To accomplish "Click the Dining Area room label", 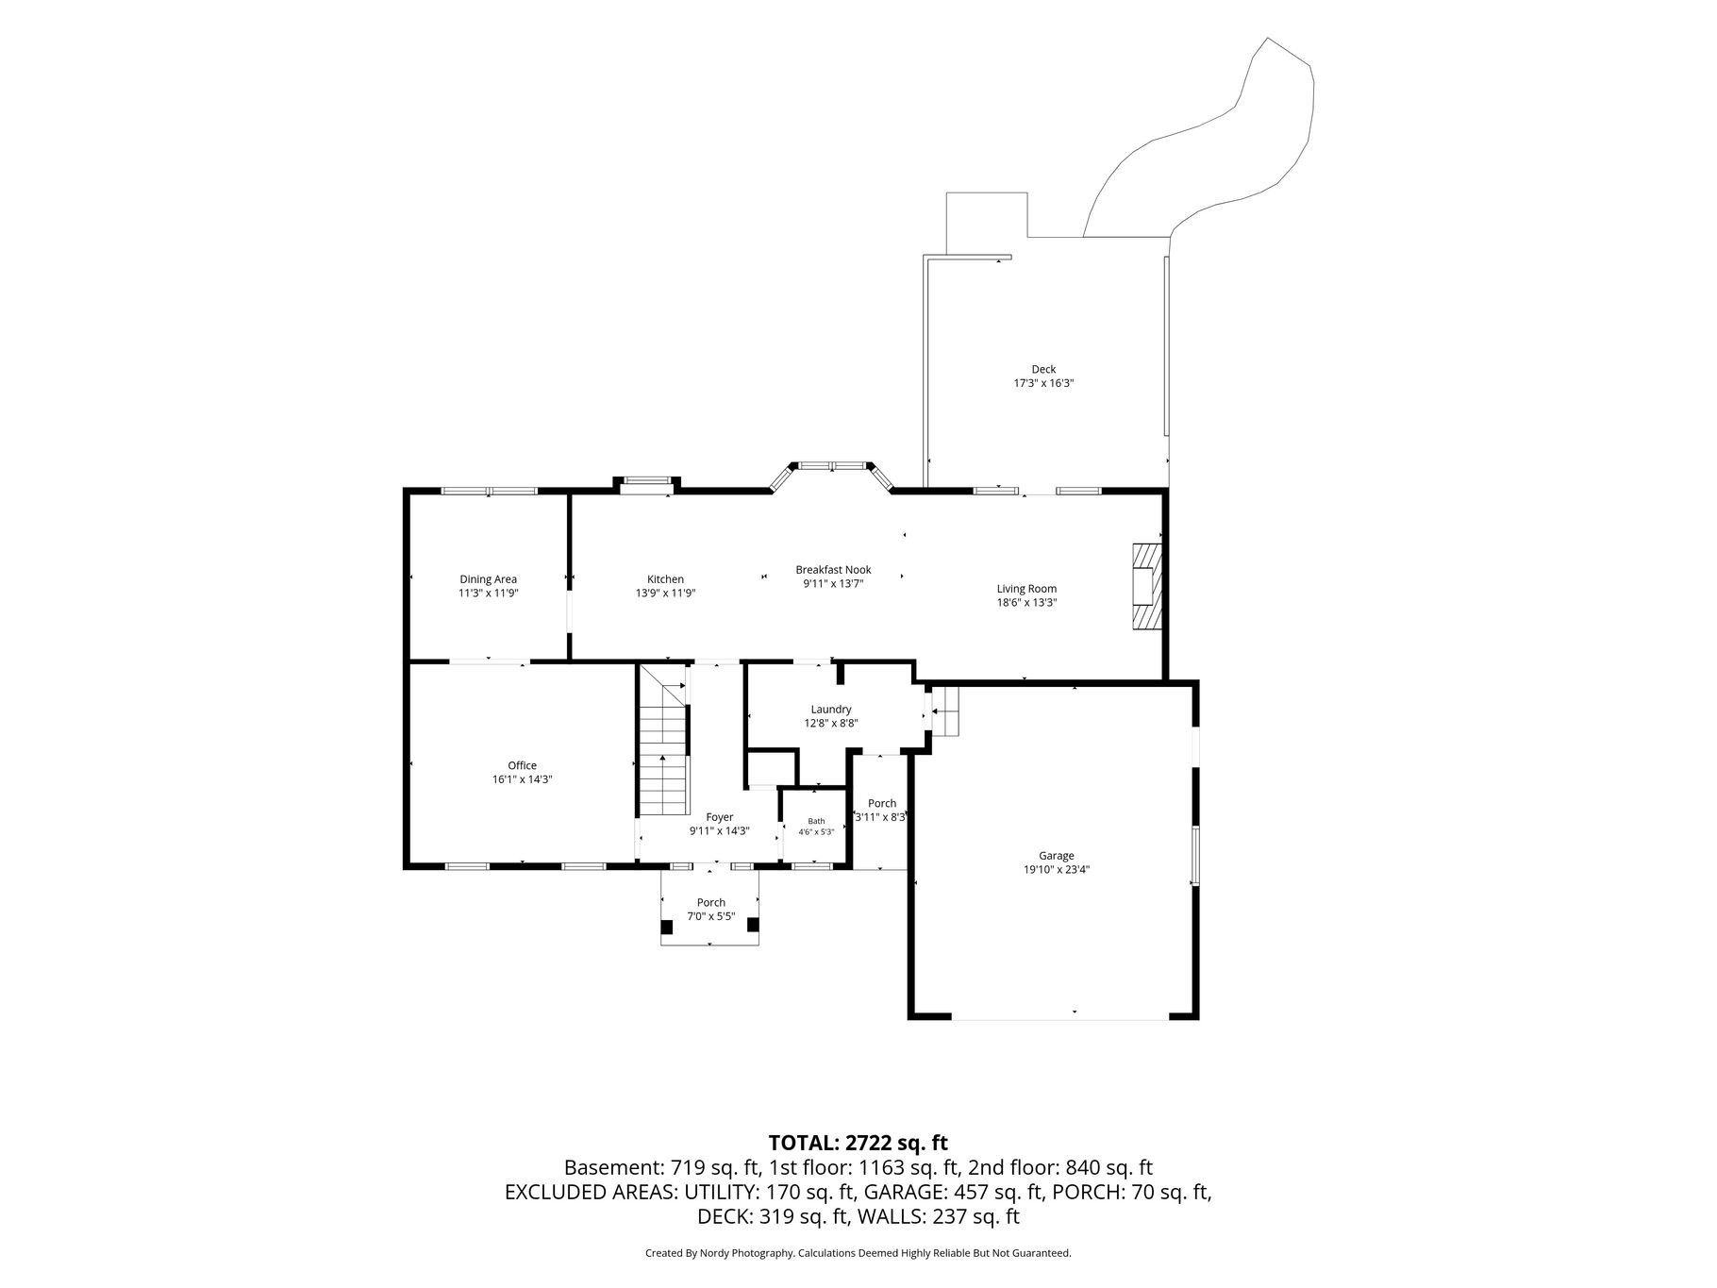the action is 488,579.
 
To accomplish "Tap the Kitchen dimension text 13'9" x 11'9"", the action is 665,594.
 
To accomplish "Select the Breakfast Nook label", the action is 833,570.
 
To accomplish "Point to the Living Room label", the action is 1026,589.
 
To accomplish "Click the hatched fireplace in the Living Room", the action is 1146,586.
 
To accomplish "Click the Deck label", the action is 1043,370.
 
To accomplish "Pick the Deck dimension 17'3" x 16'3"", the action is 1044,384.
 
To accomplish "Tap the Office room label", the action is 522,766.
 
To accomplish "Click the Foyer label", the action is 720,817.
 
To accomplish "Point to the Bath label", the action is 816,821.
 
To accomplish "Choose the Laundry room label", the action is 831,710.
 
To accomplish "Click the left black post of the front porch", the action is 667,927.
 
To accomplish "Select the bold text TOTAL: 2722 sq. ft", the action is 858,1143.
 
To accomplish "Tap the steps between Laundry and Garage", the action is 945,711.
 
